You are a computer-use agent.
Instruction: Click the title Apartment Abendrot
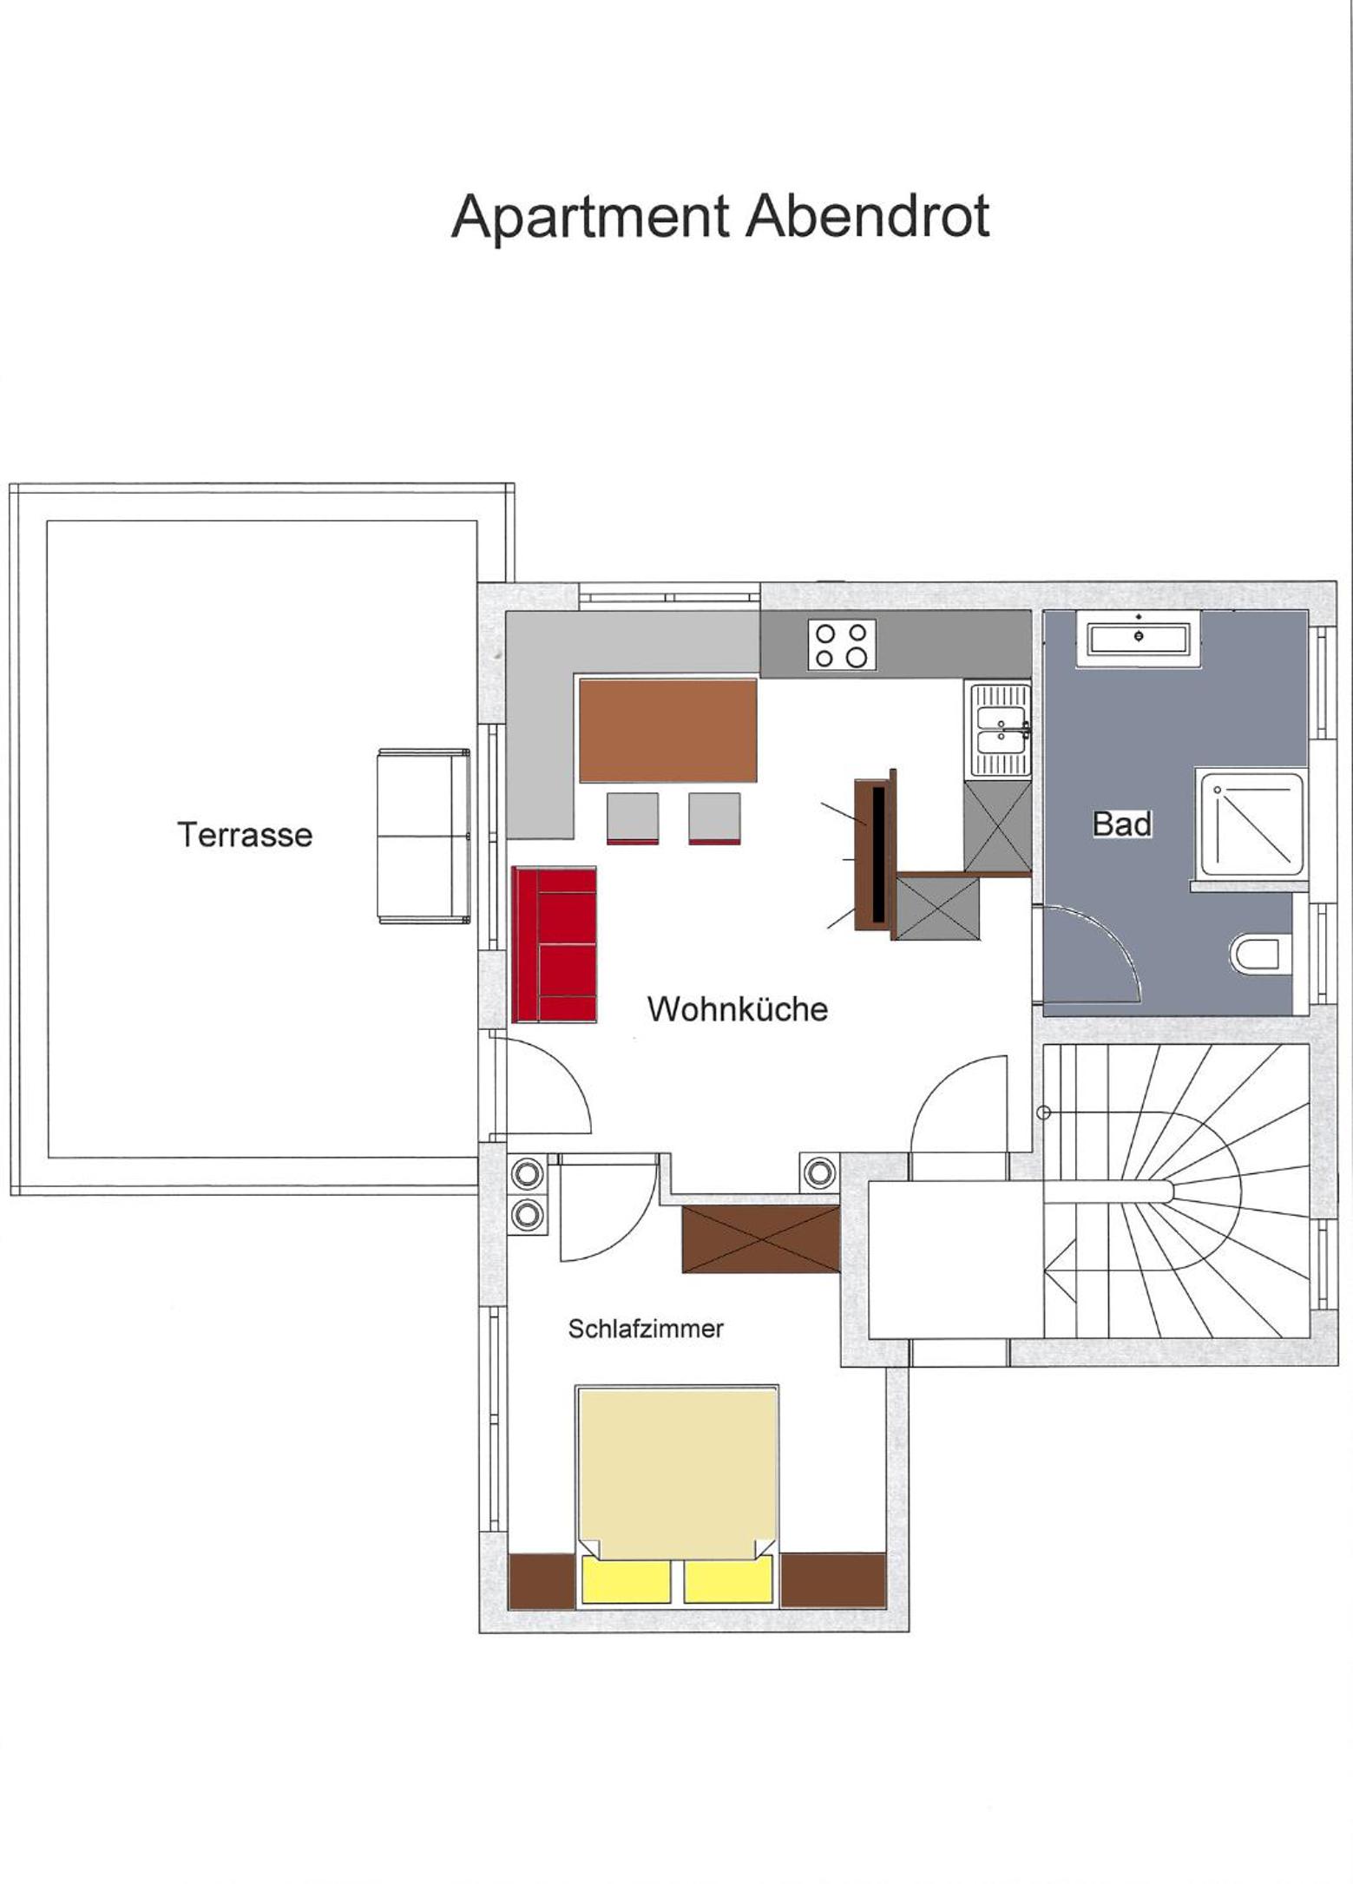tap(720, 217)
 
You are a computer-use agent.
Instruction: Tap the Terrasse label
tap(245, 835)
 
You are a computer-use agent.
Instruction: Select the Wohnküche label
tap(738, 1009)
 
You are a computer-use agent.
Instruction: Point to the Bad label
tap(1122, 824)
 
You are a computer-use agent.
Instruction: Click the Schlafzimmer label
tap(646, 1329)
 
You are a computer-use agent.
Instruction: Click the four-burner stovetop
tap(842, 645)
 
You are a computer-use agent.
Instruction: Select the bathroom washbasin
tap(1139, 639)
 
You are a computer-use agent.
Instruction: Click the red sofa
tap(554, 944)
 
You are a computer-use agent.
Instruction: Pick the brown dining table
tap(667, 731)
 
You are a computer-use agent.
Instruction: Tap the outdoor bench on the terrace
tap(424, 836)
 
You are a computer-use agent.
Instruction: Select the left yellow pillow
tap(626, 1579)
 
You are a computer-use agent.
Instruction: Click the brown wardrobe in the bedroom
tap(761, 1238)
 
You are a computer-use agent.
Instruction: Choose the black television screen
tap(878, 855)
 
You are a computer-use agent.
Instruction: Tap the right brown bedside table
tap(833, 1580)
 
